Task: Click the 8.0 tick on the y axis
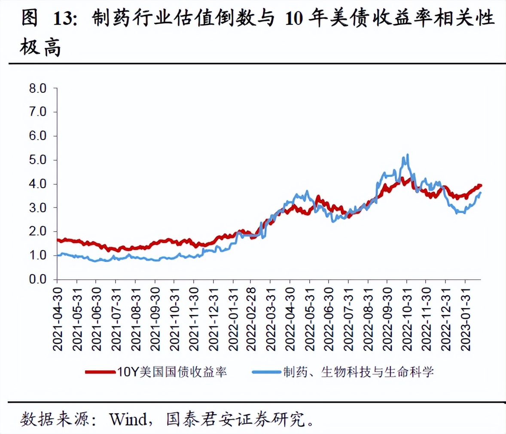(x=38, y=89)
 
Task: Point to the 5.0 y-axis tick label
(x=38, y=160)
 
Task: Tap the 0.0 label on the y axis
(x=38, y=279)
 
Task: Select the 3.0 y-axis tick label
(x=38, y=208)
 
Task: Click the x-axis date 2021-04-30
(x=58, y=319)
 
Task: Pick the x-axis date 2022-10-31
(x=407, y=319)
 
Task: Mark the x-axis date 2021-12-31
(x=213, y=319)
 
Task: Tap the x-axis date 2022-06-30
(x=329, y=319)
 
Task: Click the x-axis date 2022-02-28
(x=252, y=319)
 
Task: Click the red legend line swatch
(x=100, y=372)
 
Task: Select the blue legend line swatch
(x=266, y=372)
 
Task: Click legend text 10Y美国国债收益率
(x=172, y=372)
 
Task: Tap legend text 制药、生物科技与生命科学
(x=358, y=372)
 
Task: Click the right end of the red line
(x=480, y=186)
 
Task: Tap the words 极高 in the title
(x=40, y=47)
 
